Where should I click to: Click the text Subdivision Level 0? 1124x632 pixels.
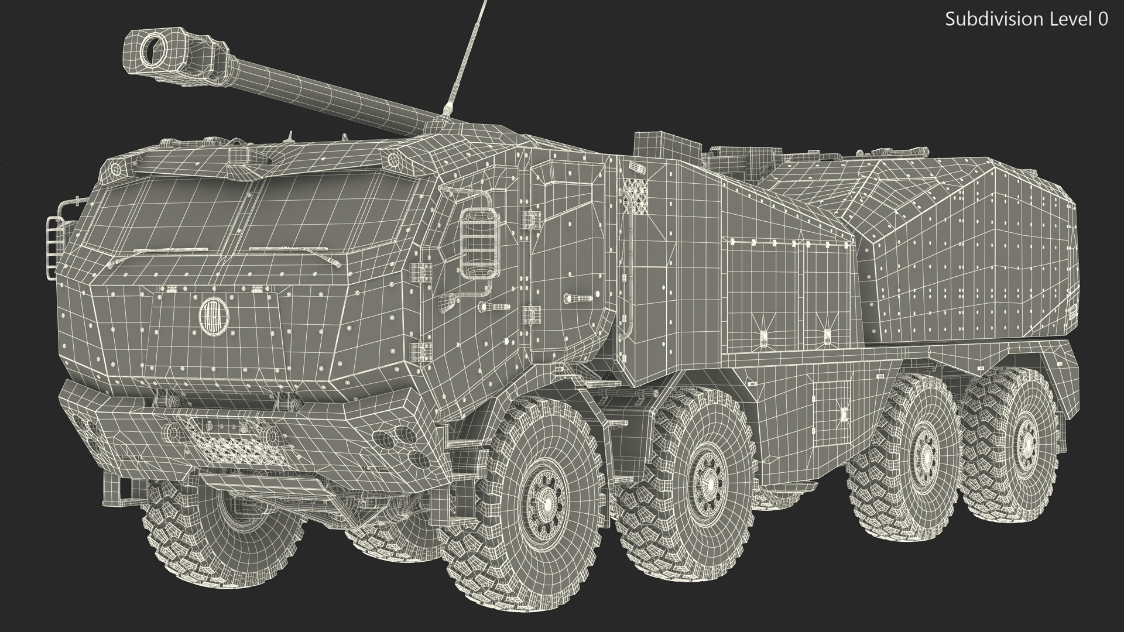(x=1026, y=19)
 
